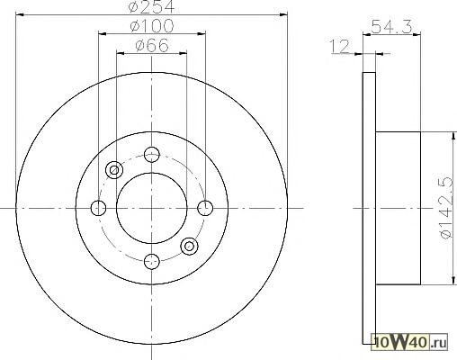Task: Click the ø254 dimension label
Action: tap(151, 6)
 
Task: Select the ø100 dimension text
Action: tap(152, 26)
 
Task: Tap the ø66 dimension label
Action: tap(152, 46)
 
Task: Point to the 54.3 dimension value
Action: tap(391, 26)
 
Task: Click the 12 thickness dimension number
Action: tap(339, 47)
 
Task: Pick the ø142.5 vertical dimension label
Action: tap(446, 207)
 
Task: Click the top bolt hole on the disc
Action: tap(152, 155)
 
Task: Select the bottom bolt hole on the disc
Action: tap(152, 261)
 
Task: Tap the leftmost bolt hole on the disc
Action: tap(98, 208)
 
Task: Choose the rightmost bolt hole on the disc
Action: tap(205, 208)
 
